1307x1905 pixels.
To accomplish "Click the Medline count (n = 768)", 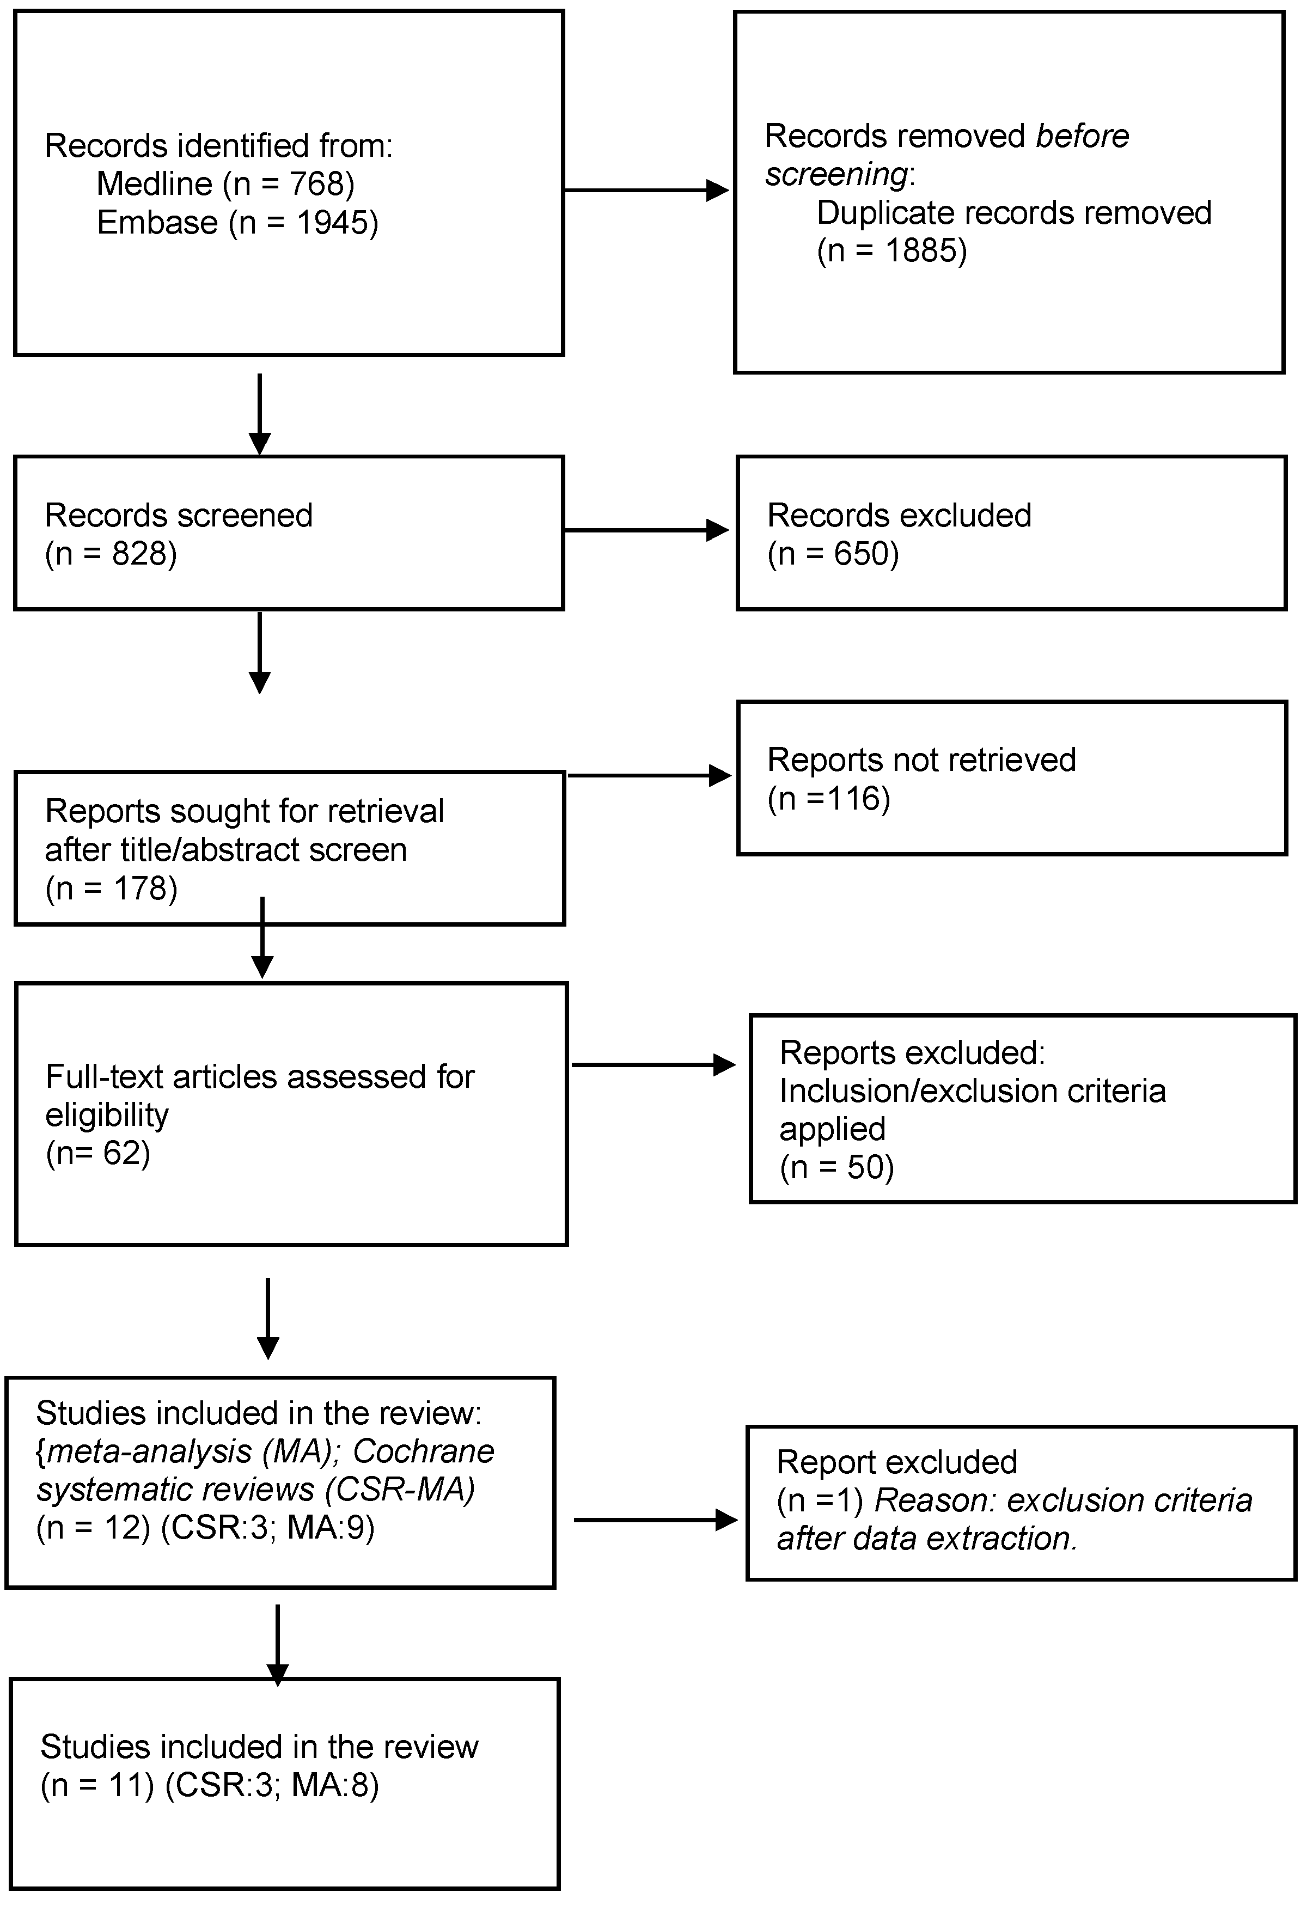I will coord(289,183).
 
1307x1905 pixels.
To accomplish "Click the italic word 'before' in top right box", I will coord(1082,136).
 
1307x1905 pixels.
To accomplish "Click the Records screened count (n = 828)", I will coord(111,554).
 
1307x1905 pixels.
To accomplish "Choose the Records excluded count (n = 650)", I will coord(833,554).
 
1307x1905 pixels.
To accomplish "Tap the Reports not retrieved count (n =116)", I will coord(829,798).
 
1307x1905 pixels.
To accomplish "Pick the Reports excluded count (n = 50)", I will coord(836,1167).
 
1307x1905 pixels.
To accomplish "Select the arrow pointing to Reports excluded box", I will coord(653,1065).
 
